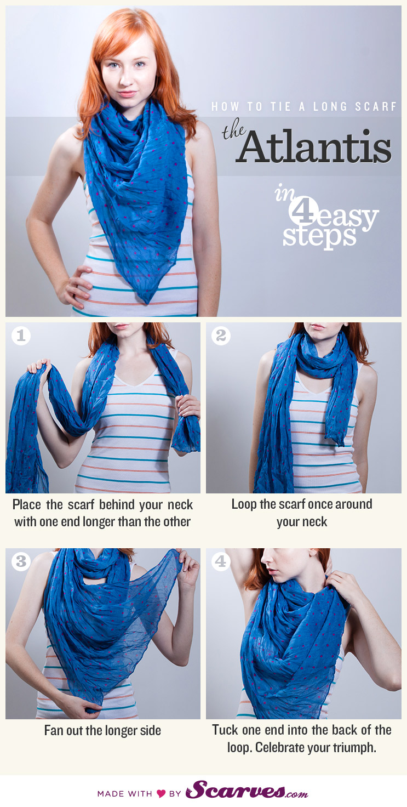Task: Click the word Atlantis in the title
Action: tap(316, 147)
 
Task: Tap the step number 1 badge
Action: tap(21, 336)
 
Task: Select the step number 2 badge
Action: tap(221, 336)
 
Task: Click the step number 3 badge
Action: tap(21, 561)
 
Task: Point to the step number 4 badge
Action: tap(221, 561)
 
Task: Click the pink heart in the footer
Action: tap(161, 793)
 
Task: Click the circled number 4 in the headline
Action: tap(302, 211)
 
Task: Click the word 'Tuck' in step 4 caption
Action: tap(226, 730)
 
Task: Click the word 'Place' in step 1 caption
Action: tap(27, 504)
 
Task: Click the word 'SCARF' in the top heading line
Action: tap(377, 106)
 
